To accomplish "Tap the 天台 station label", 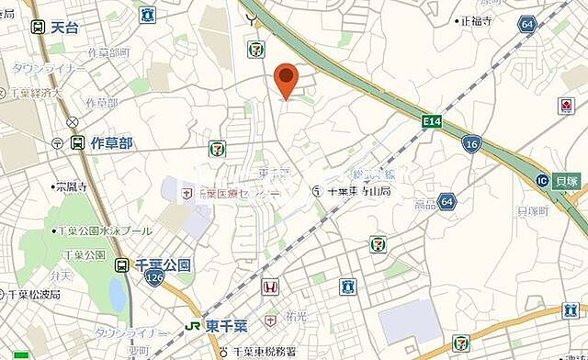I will (64, 28).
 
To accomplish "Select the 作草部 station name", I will (111, 143).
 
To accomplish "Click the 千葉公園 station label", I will (163, 264).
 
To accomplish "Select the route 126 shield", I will (154, 276).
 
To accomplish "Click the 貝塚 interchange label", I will (570, 181).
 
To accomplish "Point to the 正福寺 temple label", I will (477, 20).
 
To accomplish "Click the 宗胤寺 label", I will (71, 187).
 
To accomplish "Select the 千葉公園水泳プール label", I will (102, 231).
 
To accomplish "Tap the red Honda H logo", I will (271, 287).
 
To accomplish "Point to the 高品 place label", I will (425, 203).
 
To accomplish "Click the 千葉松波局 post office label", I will (35, 296).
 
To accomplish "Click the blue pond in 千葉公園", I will (118, 294).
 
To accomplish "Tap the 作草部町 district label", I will (110, 52).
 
